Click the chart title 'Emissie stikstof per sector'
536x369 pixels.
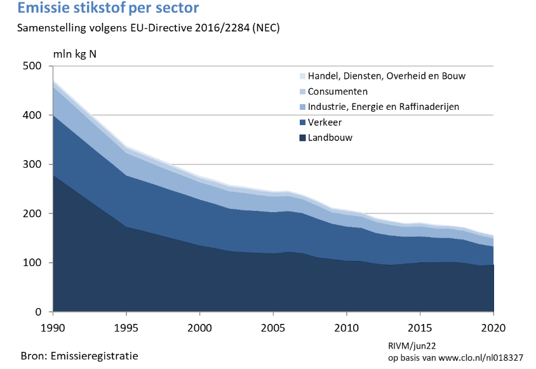pyautogui.click(x=108, y=8)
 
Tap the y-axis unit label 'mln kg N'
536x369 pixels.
pyautogui.click(x=74, y=55)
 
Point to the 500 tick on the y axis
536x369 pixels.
pyautogui.click(x=32, y=65)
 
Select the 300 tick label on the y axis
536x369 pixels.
pyautogui.click(x=32, y=164)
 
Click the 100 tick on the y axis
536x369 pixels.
pyautogui.click(x=32, y=263)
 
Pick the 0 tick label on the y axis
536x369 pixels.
pyautogui.click(x=38, y=312)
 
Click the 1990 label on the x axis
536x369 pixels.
pyautogui.click(x=53, y=328)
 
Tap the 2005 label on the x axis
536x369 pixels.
pyautogui.click(x=273, y=328)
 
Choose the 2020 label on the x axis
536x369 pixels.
pyautogui.click(x=493, y=328)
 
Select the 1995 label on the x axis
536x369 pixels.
pyautogui.click(x=126, y=328)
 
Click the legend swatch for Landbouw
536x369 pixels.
pyautogui.click(x=302, y=138)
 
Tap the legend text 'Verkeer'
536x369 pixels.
pyautogui.click(x=325, y=122)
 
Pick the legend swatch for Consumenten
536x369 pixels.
pyautogui.click(x=302, y=91)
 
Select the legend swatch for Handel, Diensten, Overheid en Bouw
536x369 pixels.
pyautogui.click(x=302, y=76)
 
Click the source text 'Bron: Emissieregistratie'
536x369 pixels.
pyautogui.click(x=79, y=356)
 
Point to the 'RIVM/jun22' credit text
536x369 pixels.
pyautogui.click(x=412, y=346)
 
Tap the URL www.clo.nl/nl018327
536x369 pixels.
pyautogui.click(x=481, y=358)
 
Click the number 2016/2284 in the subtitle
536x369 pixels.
pyautogui.click(x=222, y=28)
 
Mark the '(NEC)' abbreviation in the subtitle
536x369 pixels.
pyautogui.click(x=266, y=28)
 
